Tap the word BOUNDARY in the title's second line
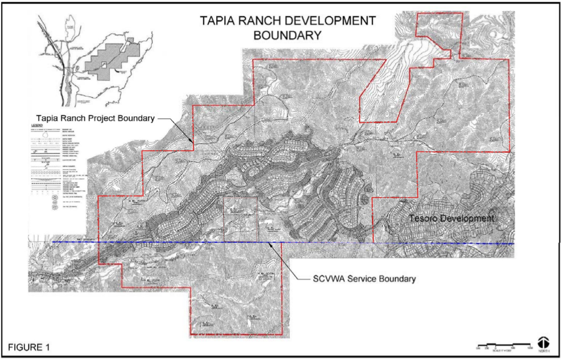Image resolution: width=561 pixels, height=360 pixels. click(288, 35)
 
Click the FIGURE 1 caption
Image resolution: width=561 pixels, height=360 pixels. click(29, 348)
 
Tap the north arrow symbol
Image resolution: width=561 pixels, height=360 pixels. click(543, 342)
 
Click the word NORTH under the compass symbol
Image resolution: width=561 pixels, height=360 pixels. click(543, 352)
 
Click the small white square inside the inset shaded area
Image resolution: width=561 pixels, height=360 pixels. click(104, 64)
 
